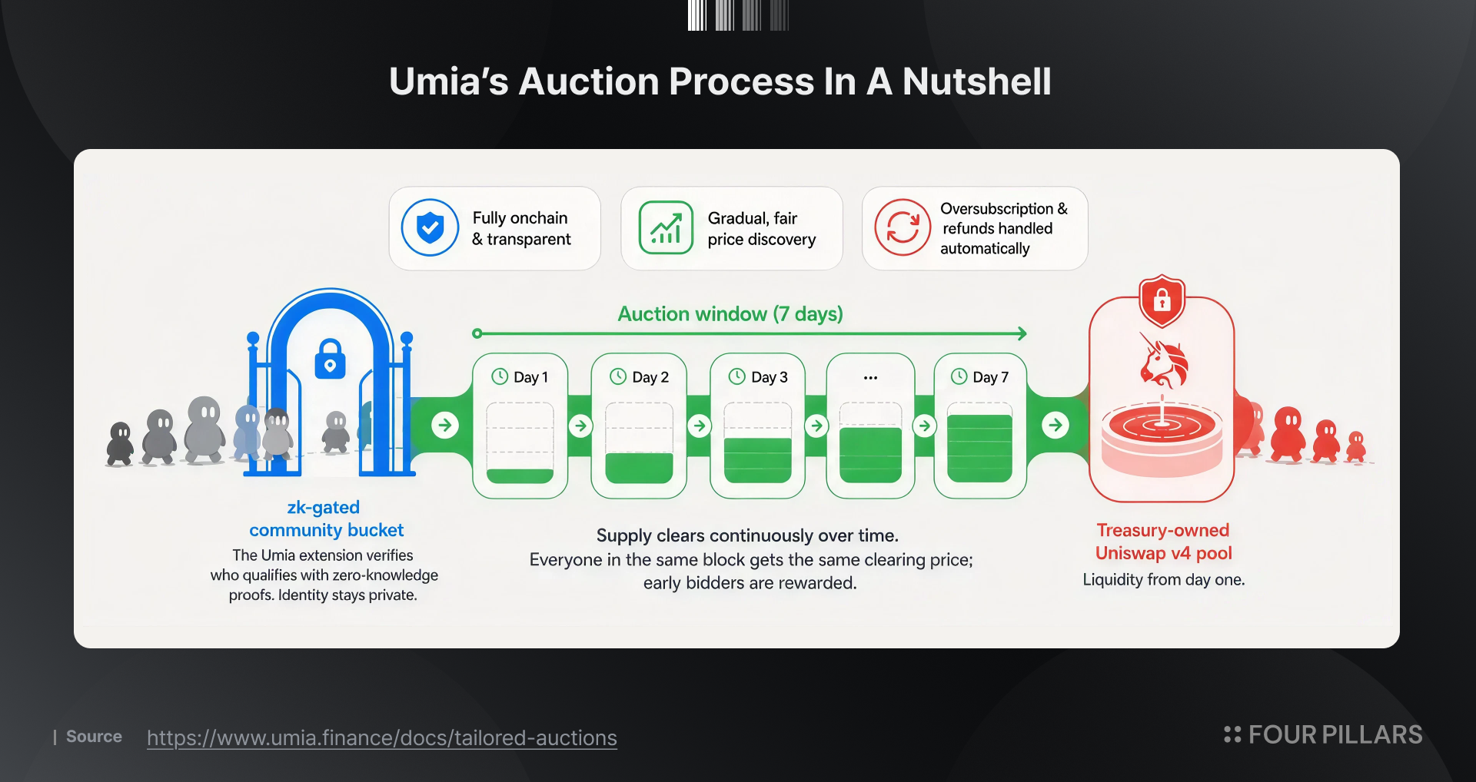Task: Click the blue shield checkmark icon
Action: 430,227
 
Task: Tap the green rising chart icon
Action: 666,227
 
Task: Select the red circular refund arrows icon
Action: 903,227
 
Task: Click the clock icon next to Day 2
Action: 618,376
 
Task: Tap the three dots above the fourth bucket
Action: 870,378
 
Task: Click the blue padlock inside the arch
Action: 330,359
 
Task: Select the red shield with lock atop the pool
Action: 1162,300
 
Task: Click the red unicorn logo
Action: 1163,360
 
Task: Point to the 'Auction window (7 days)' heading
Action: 730,314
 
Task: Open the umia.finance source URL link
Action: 382,737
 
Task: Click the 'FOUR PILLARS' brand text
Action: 1335,735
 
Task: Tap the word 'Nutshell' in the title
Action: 976,81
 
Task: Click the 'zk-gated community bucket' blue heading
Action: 325,519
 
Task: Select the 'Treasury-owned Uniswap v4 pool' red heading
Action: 1163,542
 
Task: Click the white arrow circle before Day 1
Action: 445,425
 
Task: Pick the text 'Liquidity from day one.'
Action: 1163,580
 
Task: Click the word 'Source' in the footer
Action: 94,737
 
